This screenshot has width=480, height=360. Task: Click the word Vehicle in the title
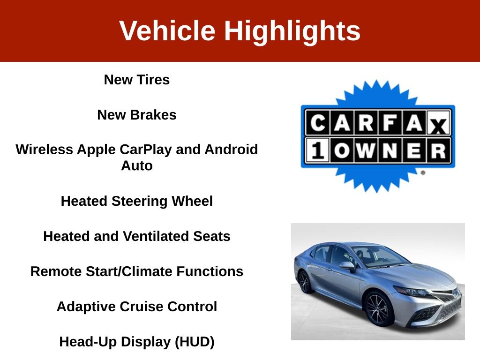(167, 30)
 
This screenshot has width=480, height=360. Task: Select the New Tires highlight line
(137, 80)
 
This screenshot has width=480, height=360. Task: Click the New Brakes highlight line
(137, 115)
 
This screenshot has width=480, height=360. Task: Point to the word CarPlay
(146, 150)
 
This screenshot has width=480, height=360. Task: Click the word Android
(231, 150)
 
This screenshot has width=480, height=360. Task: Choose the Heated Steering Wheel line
(137, 201)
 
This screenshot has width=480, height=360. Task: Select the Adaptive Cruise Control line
(137, 307)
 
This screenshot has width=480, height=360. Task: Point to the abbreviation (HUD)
(195, 342)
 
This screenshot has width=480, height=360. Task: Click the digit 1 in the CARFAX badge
(317, 150)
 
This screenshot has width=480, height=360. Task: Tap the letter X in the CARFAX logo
(438, 126)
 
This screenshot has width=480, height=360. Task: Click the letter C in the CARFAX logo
(318, 123)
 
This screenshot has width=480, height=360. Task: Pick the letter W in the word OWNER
(366, 150)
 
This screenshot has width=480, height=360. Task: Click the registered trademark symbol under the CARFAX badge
(423, 172)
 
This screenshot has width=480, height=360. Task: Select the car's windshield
(380, 256)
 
